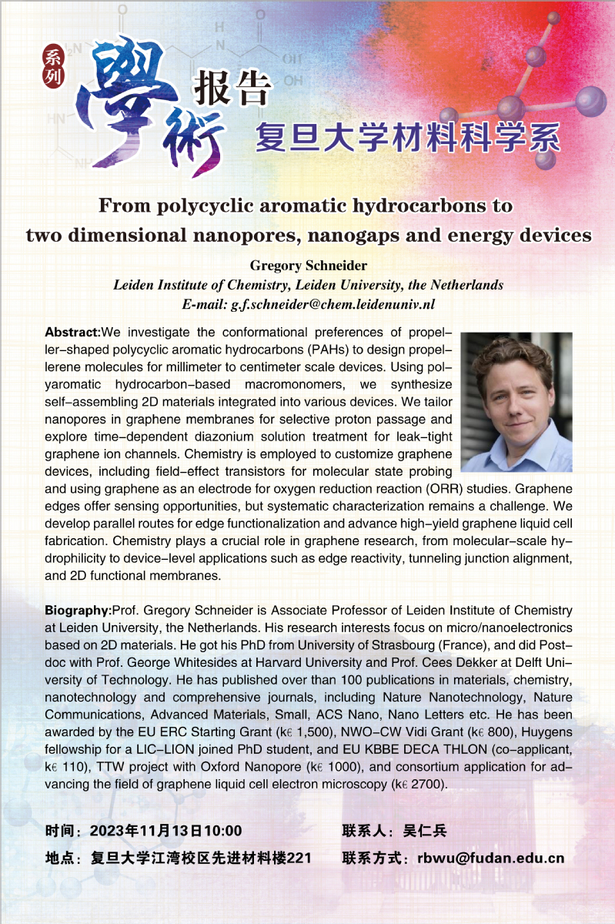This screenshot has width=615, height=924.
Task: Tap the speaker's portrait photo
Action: pos(516,402)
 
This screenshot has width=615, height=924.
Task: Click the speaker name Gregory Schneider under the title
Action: pos(308,266)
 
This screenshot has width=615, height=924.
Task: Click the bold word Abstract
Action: pos(72,333)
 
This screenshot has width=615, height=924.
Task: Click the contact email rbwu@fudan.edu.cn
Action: pos(491,858)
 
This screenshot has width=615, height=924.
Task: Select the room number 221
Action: pos(299,858)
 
